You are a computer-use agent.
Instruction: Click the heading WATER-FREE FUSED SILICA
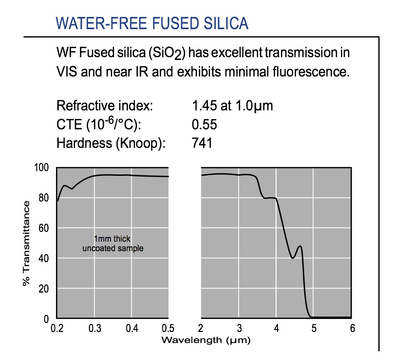152,24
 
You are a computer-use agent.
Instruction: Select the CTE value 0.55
204,125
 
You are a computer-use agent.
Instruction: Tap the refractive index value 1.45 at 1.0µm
232,106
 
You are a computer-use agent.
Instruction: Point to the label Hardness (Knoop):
110,143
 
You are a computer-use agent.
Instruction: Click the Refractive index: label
104,106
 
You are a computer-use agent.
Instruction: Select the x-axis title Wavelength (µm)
206,339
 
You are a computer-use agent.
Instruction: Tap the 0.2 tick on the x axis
57,328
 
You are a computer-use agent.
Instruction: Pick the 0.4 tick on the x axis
131,328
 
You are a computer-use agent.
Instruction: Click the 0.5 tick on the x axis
168,328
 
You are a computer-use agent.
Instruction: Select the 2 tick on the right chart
201,328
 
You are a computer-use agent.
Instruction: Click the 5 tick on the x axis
313,328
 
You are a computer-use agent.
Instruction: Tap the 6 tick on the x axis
350,328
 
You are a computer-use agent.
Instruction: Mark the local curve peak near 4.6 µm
301,246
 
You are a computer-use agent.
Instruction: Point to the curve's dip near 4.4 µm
292,258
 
